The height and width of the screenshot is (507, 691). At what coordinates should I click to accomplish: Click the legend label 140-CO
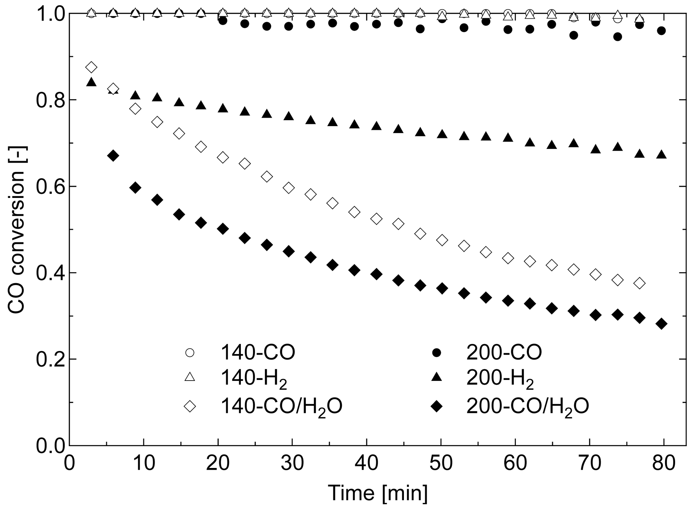click(258, 353)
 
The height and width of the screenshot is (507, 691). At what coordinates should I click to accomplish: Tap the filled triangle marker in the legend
click(437, 379)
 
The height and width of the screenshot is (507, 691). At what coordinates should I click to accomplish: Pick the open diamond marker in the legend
click(190, 406)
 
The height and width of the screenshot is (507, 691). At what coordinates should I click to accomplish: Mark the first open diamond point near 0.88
click(91, 67)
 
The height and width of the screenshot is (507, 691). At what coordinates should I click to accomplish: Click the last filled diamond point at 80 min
click(661, 324)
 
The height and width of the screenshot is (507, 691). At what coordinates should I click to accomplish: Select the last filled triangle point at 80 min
click(661, 155)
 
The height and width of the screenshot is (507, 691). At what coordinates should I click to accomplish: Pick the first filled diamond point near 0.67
click(113, 156)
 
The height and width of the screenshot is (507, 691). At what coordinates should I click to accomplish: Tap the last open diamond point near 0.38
click(640, 283)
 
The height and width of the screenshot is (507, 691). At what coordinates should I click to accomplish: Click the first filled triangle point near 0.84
click(91, 82)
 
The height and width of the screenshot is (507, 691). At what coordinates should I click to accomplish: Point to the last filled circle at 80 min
click(661, 31)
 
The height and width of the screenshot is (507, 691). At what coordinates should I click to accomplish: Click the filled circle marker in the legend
click(437, 353)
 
